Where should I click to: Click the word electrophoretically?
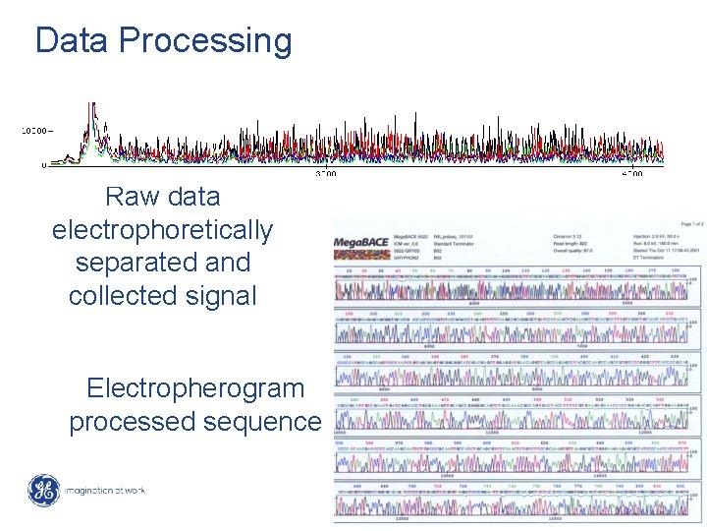[x=162, y=230]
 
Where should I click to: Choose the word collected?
[x=132, y=295]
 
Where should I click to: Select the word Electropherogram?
[x=195, y=388]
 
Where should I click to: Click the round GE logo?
[x=42, y=490]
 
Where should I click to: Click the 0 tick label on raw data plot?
[x=43, y=165]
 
